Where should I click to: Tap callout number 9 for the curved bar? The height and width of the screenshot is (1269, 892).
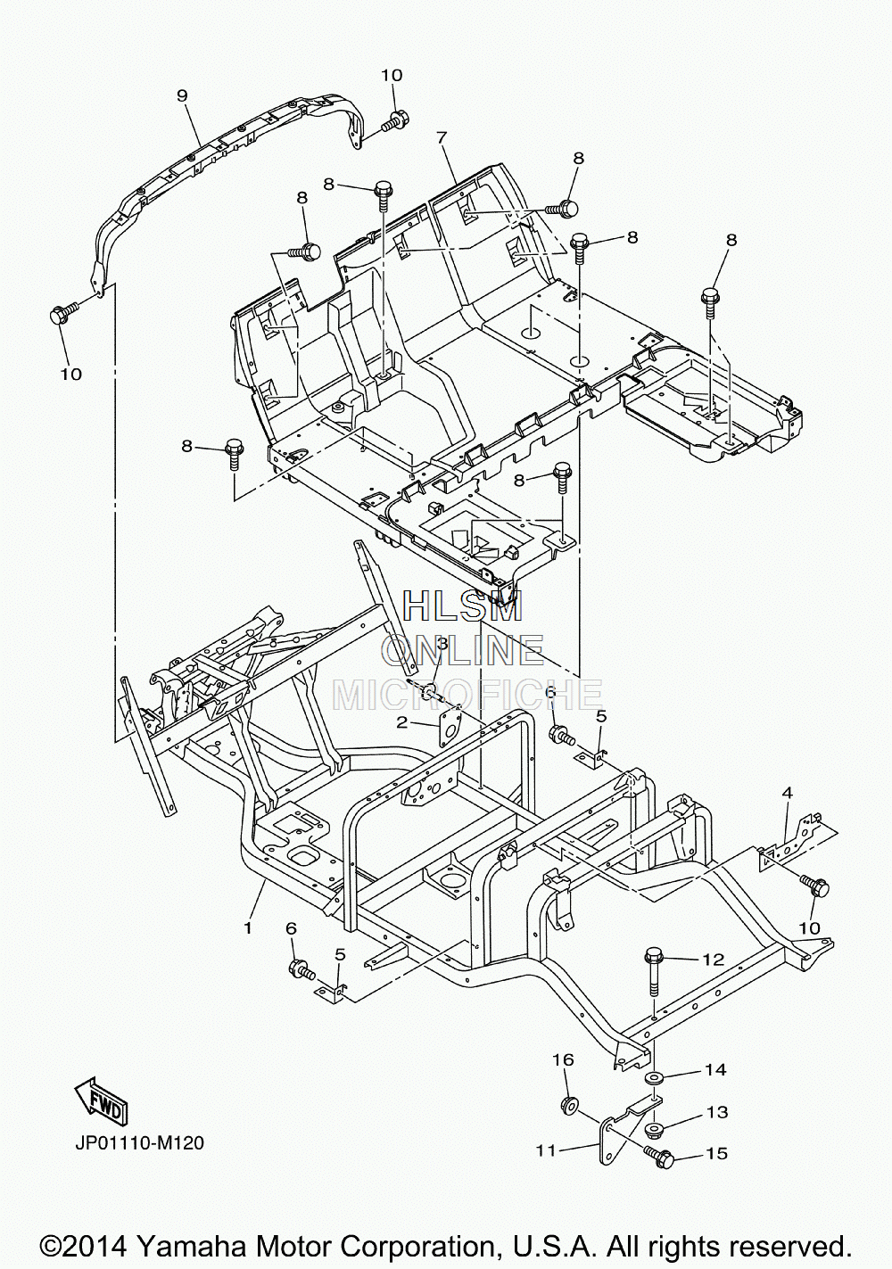(x=181, y=95)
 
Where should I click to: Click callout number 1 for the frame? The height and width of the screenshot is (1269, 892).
(x=248, y=928)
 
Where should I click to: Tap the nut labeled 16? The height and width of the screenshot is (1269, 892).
(x=567, y=1104)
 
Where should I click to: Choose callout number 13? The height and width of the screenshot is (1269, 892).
(x=716, y=1112)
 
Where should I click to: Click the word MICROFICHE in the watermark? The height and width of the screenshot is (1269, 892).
(x=467, y=695)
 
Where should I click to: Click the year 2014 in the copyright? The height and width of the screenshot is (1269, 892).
(x=100, y=1245)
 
